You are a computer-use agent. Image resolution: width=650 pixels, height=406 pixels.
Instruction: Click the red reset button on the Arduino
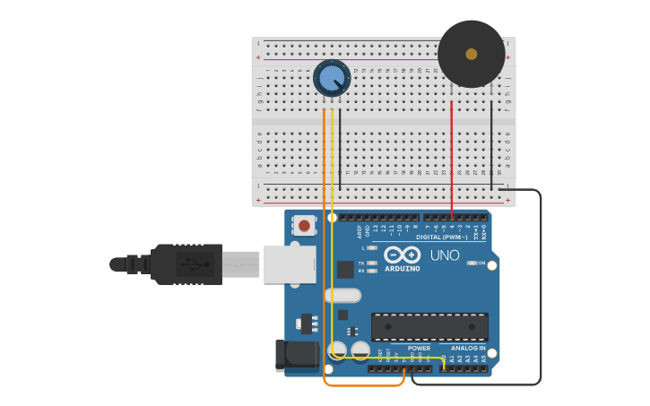pyautogui.click(x=305, y=225)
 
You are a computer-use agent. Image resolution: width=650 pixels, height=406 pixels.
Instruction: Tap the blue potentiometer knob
pyautogui.click(x=332, y=78)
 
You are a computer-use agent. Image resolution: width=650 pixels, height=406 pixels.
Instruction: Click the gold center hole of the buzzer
pyautogui.click(x=472, y=54)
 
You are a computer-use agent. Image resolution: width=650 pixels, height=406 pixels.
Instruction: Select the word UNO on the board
pyautogui.click(x=445, y=255)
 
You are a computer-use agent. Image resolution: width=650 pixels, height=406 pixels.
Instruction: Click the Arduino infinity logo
pyautogui.click(x=403, y=254)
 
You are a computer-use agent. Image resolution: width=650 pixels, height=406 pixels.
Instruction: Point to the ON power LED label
pyautogui.click(x=482, y=263)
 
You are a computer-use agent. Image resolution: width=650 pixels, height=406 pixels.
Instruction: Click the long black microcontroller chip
pyautogui.click(x=429, y=326)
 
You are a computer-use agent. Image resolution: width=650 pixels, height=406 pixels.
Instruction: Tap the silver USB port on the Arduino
pyautogui.click(x=290, y=263)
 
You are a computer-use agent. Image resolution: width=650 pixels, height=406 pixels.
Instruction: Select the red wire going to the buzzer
pyautogui.click(x=452, y=161)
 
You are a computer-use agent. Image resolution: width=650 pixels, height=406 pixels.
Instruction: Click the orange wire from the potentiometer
pyautogui.click(x=324, y=251)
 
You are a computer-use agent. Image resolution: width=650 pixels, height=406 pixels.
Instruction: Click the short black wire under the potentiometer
pyautogui.click(x=340, y=152)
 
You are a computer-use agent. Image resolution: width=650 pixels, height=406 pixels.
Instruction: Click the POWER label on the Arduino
pyautogui.click(x=419, y=348)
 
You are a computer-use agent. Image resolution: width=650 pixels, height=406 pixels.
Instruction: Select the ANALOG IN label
pyautogui.click(x=468, y=348)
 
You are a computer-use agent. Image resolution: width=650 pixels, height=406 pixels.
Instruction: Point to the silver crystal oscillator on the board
pyautogui.click(x=343, y=295)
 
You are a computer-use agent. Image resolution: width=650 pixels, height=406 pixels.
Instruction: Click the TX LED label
pyautogui.click(x=361, y=263)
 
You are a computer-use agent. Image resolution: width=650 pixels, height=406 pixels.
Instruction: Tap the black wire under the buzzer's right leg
pyautogui.click(x=491, y=148)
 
